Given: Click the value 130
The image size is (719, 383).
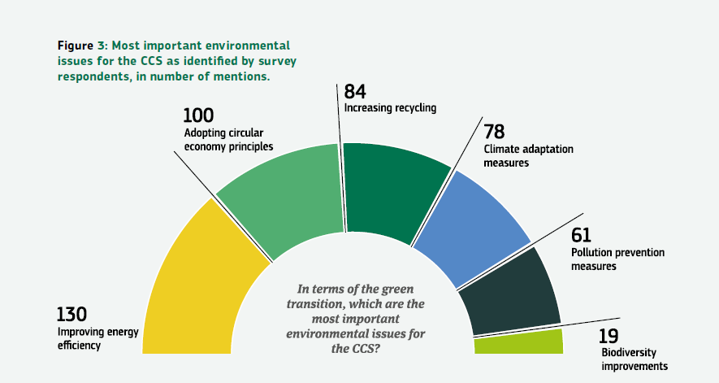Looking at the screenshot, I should pos(71,314).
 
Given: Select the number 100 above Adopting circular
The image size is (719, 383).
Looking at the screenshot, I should pos(198,116).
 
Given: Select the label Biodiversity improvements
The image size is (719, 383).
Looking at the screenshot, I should pos(634,359).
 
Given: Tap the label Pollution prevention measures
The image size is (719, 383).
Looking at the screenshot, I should pos(617,259).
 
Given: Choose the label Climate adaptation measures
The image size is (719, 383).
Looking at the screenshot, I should pos(529,155).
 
